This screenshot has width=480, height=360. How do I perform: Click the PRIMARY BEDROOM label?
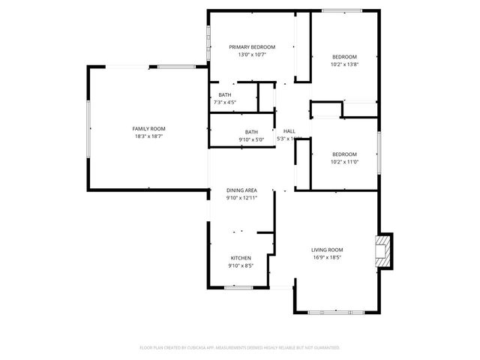tap(252, 46)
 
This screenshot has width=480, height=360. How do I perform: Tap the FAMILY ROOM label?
tap(148, 129)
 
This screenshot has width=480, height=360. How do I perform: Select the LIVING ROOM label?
tap(327, 250)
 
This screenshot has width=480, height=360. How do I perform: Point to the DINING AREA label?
tap(241, 190)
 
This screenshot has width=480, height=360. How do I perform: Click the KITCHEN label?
tap(241, 258)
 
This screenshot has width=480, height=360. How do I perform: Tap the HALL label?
tap(289, 131)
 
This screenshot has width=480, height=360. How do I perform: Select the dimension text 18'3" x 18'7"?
tap(148, 136)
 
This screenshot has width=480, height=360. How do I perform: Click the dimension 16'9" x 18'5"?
tap(327, 257)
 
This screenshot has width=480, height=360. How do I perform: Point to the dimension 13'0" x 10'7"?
tap(252, 54)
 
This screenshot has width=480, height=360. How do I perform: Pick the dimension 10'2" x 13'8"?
tap(345, 64)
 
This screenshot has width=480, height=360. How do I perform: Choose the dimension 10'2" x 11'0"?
tap(345, 161)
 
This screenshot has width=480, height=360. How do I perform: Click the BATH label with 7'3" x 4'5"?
tap(225, 94)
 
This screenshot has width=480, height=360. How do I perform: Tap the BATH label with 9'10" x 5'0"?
tap(251, 132)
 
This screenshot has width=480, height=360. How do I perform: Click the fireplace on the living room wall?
tap(383, 250)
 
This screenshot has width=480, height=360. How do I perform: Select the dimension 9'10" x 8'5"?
tap(241, 265)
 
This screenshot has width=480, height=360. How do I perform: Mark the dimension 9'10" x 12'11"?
tap(241, 198)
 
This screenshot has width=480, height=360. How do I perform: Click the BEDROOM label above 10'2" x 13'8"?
tap(345, 57)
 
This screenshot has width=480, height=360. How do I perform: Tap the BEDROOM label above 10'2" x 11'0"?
tap(345, 154)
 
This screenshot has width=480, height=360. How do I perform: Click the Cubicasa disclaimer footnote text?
tap(240, 348)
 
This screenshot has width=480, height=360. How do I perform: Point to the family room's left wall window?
tap(88, 128)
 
